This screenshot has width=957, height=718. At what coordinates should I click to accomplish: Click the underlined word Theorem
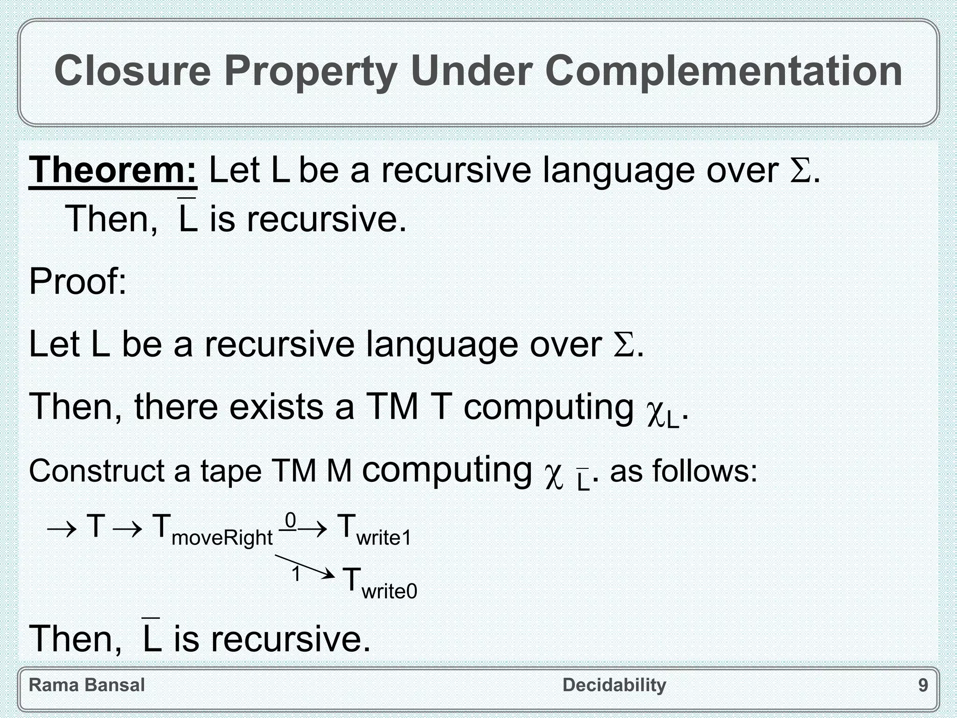point(113,170)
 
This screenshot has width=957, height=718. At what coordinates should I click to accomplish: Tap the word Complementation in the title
point(724,71)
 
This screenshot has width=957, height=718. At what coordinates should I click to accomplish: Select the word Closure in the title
point(133,71)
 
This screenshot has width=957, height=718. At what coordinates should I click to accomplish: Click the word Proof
point(78,282)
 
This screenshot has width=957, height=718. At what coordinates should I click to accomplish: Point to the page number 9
point(923,685)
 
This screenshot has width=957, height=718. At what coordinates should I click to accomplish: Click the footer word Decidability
point(614,685)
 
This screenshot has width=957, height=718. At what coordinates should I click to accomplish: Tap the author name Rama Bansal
point(87,685)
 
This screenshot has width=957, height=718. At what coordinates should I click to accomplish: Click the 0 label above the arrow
point(290,520)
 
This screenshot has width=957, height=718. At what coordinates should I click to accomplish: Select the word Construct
point(96,471)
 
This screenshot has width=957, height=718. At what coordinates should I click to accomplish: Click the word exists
point(276,407)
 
